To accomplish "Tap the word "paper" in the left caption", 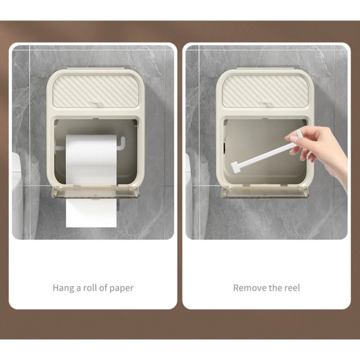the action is pos(121,288).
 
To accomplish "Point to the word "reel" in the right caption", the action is pos(292,288).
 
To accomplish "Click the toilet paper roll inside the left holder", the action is pos(91,159).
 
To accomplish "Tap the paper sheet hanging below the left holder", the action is pos(91,213).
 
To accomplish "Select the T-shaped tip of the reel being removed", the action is pos(235,167).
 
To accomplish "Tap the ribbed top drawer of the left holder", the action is pos(96,91).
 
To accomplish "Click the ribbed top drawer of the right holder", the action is pos(265,91).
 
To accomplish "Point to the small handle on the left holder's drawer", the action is pos(96,104).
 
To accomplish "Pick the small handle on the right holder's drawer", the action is pos(265,104).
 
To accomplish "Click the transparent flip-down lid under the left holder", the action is pos(95,193).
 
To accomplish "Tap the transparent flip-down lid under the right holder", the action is pos(265,193).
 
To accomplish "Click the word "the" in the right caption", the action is pos(275,288).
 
